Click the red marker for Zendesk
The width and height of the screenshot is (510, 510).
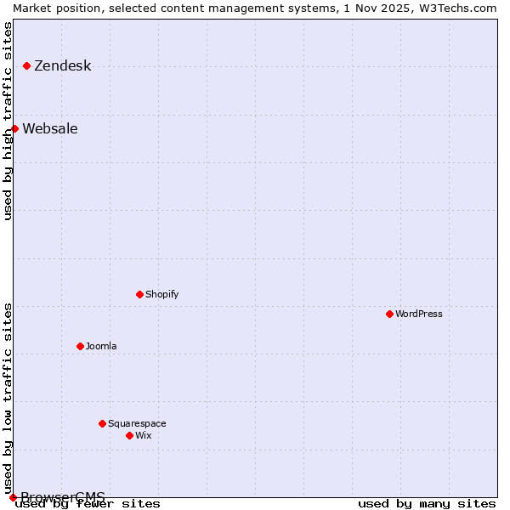26,65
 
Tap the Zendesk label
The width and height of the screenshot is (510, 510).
62,66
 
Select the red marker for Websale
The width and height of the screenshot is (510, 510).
14,128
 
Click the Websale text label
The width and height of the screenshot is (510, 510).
49,129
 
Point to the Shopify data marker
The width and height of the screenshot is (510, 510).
139,294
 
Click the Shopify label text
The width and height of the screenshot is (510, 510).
161,295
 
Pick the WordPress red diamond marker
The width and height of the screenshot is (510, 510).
389,314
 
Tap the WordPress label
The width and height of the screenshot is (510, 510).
418,314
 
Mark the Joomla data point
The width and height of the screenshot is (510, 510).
80,346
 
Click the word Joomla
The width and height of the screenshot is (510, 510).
101,347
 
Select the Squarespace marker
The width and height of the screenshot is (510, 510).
102,423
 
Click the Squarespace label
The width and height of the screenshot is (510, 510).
137,424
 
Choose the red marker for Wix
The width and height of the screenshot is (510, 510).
129,435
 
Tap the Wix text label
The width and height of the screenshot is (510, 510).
143,436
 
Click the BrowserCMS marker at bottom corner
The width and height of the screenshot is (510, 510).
13,497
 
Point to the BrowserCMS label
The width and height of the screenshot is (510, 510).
63,497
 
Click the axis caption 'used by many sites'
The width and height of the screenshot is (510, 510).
427,504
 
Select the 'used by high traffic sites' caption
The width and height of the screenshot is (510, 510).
8,121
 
